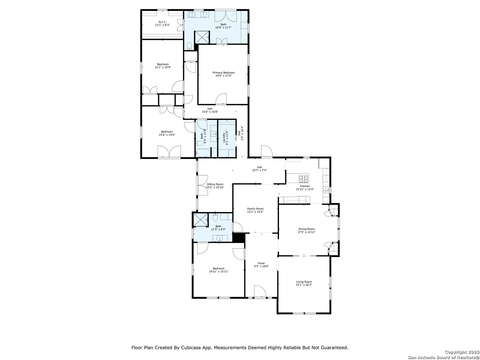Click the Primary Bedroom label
tap(224, 73)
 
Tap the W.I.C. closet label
tap(162, 22)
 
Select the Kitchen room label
tap(305, 186)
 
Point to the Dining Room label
tap(306, 229)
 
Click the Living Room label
tap(304, 282)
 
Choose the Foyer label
tap(261, 263)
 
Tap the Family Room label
tap(255, 209)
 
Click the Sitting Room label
tap(215, 184)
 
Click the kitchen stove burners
tap(304, 178)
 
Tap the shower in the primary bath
tap(202, 37)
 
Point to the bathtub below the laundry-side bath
tap(203, 153)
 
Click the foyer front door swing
tap(259, 291)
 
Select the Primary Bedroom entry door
tap(221, 99)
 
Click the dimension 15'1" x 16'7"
tap(304, 285)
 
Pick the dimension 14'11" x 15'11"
tap(219, 272)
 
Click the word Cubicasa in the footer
tap(189, 348)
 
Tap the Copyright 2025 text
tap(462, 352)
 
